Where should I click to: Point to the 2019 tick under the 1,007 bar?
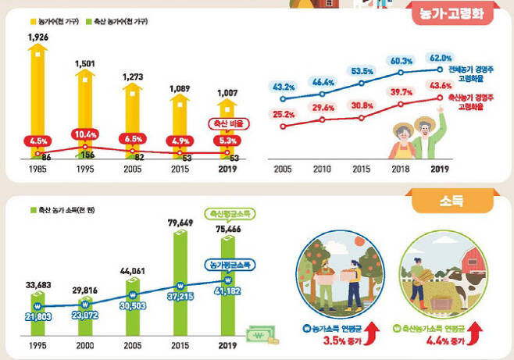(x=227, y=168)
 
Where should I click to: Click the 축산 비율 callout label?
(x=225, y=123)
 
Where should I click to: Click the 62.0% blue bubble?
(x=440, y=57)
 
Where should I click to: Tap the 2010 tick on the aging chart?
(x=322, y=168)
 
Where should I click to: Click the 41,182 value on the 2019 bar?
(x=228, y=290)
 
